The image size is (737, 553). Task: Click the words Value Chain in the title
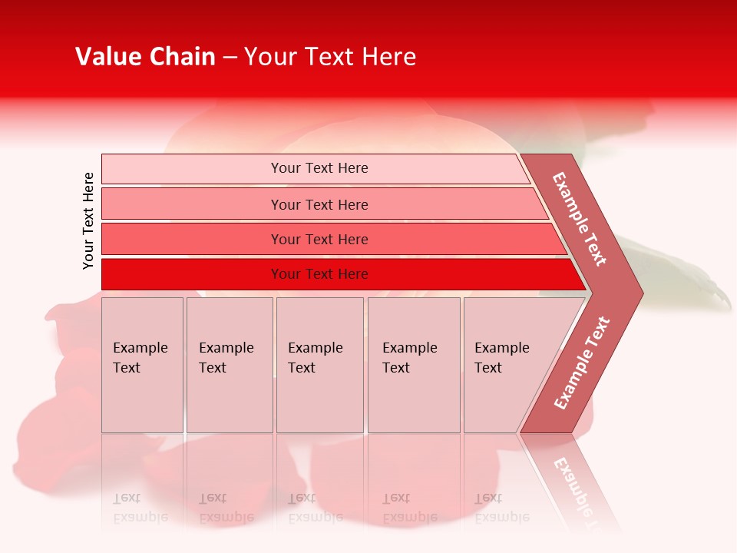(145, 57)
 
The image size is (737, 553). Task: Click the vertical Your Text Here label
(88, 220)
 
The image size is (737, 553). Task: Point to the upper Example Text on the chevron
(580, 219)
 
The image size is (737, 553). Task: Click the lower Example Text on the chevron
(582, 363)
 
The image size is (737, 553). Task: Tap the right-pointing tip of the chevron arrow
(639, 293)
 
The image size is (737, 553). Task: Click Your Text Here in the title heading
(330, 57)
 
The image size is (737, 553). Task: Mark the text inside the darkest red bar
(319, 274)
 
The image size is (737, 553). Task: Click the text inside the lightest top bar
(319, 168)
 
